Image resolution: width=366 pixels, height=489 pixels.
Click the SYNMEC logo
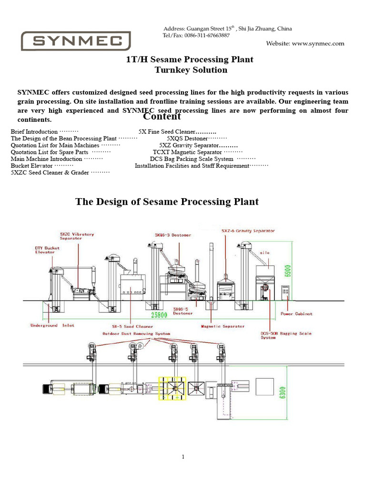76,41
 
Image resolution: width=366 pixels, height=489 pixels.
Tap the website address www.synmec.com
305,43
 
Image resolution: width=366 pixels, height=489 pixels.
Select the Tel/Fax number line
196,35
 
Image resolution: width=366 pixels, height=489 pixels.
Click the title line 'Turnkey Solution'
191,70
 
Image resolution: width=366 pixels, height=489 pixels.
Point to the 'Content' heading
162,117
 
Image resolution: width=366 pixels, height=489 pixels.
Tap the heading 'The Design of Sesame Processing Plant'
167,202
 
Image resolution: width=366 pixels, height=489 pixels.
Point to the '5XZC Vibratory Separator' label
77,236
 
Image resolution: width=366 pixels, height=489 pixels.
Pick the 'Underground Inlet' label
52,326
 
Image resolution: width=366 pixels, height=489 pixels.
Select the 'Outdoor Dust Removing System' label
136,333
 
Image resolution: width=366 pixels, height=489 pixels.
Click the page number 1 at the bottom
183,457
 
